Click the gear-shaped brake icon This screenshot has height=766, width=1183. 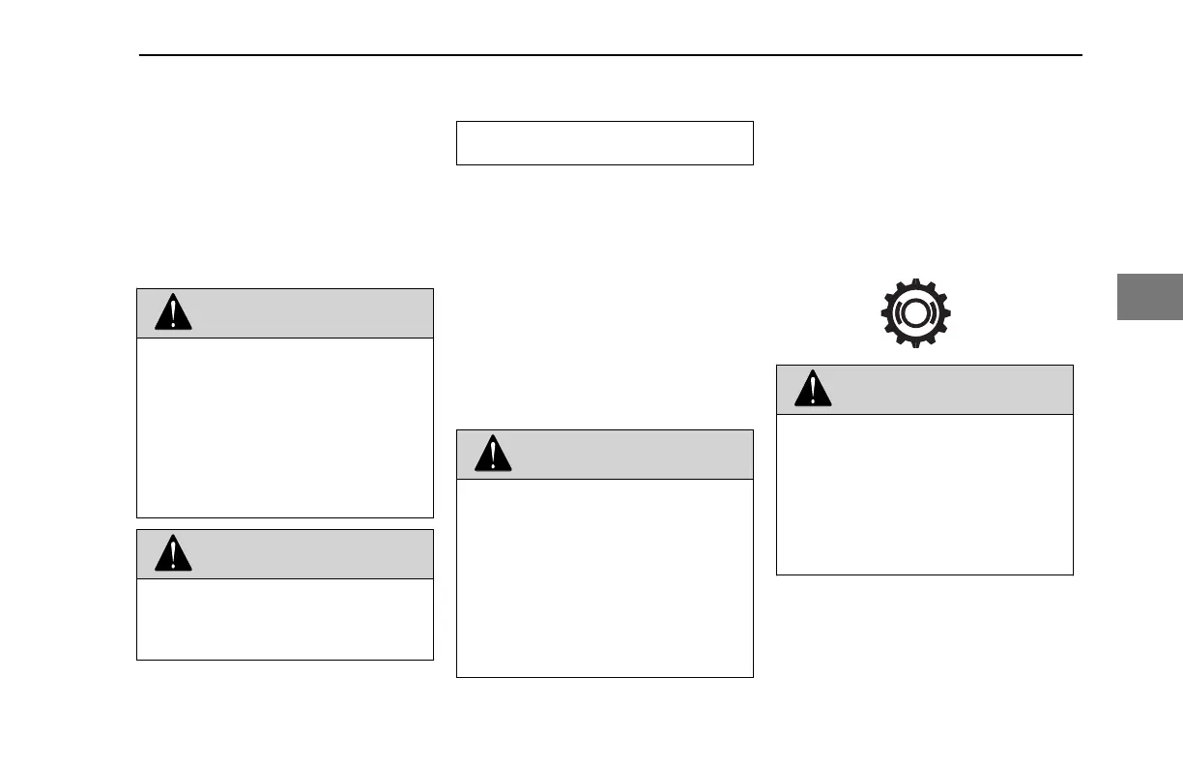pyautogui.click(x=915, y=313)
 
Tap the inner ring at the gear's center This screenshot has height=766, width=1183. pyautogui.click(x=915, y=314)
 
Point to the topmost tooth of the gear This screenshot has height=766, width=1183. pyautogui.click(x=915, y=282)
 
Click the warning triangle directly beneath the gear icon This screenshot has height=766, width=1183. pyautogui.click(x=813, y=390)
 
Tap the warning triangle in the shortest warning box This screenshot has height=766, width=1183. pyautogui.click(x=173, y=554)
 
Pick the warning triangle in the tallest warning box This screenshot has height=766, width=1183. pyautogui.click(x=492, y=455)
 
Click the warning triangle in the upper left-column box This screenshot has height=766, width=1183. pyautogui.click(x=173, y=312)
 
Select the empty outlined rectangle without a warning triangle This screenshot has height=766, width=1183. pyautogui.click(x=604, y=143)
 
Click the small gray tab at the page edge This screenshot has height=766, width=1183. pyautogui.click(x=1150, y=297)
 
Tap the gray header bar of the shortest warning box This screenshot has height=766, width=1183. pyautogui.click(x=309, y=554)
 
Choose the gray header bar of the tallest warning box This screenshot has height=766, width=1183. pyautogui.click(x=628, y=455)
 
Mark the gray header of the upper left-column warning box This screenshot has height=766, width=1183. pyautogui.click(x=309, y=312)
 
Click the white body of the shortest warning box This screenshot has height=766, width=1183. pyautogui.click(x=285, y=619)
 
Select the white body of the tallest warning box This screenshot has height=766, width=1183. pyautogui.click(x=604, y=577)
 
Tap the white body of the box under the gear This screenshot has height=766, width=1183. pyautogui.click(x=925, y=494)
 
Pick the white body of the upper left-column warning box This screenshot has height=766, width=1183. pyautogui.click(x=285, y=427)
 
